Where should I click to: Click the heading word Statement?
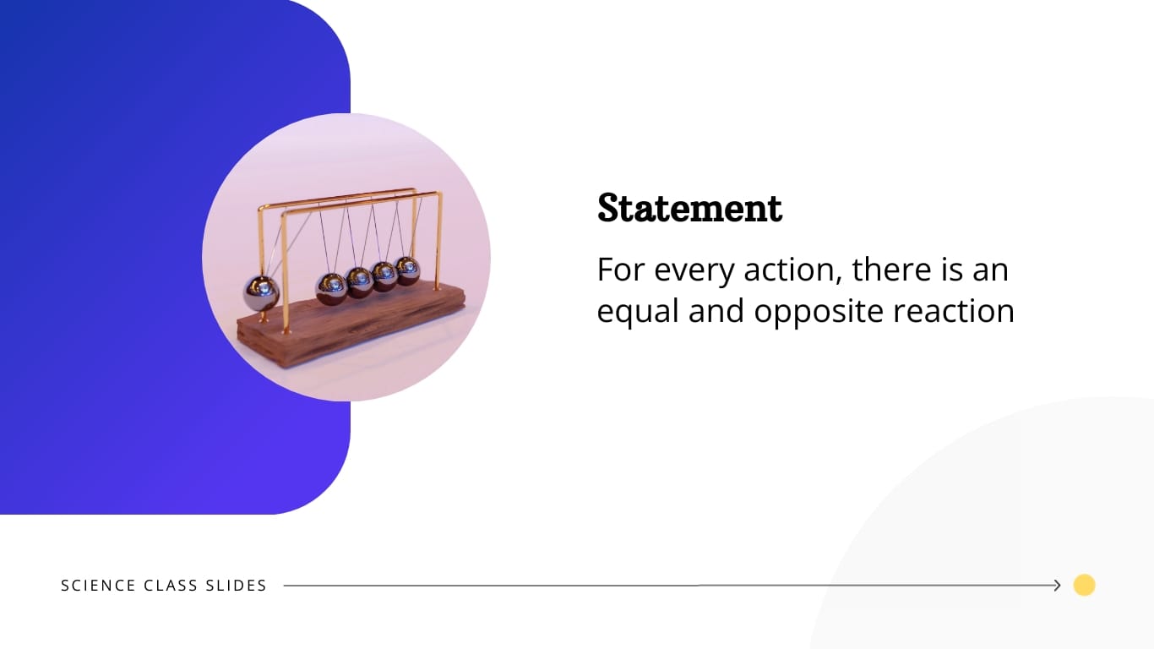[689, 208]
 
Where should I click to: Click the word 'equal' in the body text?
[638, 312]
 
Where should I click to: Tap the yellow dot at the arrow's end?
[1084, 585]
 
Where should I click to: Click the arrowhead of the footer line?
[1056, 585]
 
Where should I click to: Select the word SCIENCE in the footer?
[98, 586]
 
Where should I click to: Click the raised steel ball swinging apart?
[261, 293]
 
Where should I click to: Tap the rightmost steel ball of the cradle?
[407, 270]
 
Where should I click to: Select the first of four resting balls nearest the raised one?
[331, 289]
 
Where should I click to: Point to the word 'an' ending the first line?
[989, 270]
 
